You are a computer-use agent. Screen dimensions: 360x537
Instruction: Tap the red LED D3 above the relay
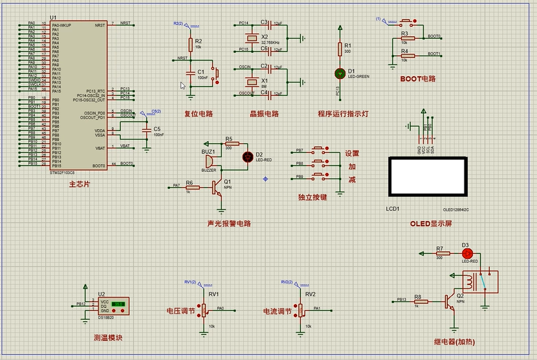pyautogui.click(x=465, y=253)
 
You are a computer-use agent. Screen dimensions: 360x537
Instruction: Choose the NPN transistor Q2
pyautogui.click(x=450, y=300)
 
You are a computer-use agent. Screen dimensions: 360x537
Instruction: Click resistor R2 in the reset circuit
pyautogui.click(x=190, y=44)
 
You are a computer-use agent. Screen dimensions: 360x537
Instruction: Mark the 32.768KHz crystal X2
pyautogui.click(x=252, y=36)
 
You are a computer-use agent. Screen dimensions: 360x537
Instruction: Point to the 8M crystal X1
pyautogui.click(x=252, y=80)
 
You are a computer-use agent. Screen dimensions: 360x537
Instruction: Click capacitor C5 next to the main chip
pyautogui.click(x=148, y=131)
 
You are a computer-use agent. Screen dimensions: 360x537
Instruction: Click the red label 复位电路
pyautogui.click(x=198, y=114)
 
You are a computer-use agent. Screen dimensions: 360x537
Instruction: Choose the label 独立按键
pyautogui.click(x=312, y=198)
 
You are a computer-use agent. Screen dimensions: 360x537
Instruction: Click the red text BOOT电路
pyautogui.click(x=418, y=79)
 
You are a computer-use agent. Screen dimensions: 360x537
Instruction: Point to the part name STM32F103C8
pyautogui.click(x=62, y=172)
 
